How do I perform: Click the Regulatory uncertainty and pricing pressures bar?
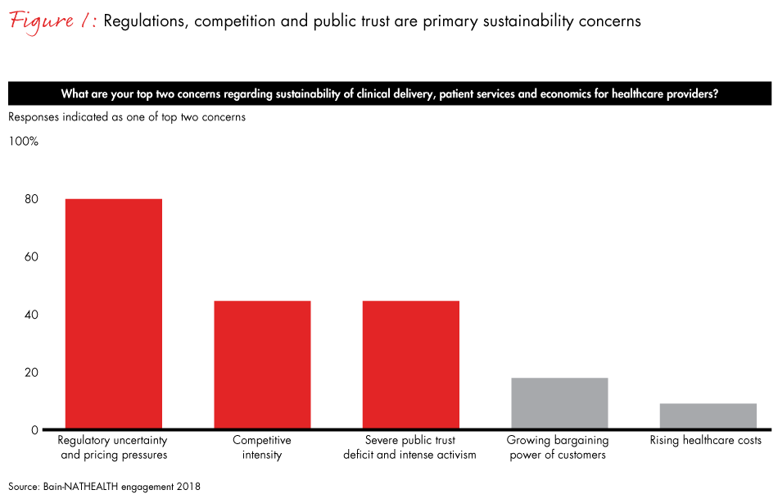point(114,314)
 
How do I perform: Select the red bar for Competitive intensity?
point(262,365)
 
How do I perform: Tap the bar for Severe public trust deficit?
point(410,365)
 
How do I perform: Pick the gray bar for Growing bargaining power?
point(559,403)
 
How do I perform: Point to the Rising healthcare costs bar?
point(708,416)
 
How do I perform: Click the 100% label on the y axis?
point(23,141)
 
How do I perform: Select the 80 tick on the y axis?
point(30,199)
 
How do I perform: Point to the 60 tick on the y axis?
point(30,256)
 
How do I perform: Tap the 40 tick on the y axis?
point(30,315)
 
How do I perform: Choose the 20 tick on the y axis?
point(30,372)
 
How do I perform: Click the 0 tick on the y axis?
point(34,429)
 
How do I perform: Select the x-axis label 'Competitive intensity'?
point(262,447)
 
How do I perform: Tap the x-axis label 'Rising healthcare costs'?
point(706,441)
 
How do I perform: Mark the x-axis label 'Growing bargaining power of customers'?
point(558,447)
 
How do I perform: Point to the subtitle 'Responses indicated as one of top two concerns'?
point(127,117)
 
